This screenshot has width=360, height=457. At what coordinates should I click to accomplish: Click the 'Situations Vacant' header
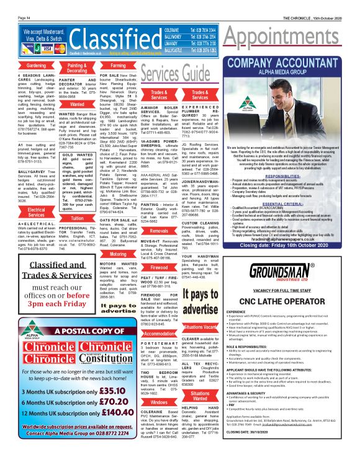(x=200, y=326)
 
